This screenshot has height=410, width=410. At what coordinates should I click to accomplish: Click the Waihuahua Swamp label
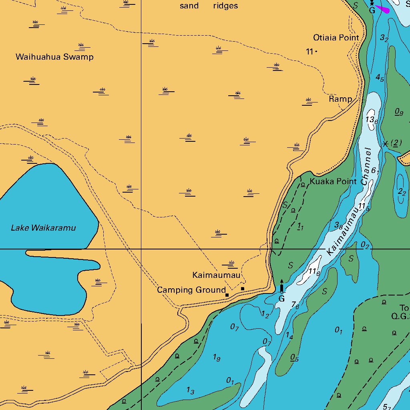tap(54, 57)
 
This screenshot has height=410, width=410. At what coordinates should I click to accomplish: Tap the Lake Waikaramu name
tap(43, 228)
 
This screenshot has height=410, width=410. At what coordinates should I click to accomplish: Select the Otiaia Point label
tap(336, 38)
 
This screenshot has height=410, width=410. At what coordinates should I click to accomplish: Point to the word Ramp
tap(340, 99)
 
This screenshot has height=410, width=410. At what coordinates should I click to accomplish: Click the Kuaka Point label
tap(333, 181)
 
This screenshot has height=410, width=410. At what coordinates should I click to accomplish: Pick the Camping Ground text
tap(191, 290)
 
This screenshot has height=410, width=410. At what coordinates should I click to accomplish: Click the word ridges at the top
tap(225, 6)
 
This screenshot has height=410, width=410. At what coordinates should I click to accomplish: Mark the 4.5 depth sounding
tap(380, 78)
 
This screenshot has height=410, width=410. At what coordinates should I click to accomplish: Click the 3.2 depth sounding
tap(384, 38)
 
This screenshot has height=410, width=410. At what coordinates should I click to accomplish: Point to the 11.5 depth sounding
tap(364, 207)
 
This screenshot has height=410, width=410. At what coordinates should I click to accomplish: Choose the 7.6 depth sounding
tap(295, 305)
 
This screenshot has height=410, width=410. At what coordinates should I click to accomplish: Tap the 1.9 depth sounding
tap(217, 358)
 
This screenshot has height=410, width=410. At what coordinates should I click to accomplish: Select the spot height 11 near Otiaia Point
tap(310, 52)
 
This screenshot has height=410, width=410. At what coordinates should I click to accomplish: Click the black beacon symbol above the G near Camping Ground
tap(281, 287)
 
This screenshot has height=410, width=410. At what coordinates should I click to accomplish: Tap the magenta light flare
tap(383, 9)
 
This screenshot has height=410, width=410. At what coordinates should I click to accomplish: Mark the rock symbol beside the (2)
tap(385, 144)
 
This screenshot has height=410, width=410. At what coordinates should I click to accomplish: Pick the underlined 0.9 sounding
tap(399, 112)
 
